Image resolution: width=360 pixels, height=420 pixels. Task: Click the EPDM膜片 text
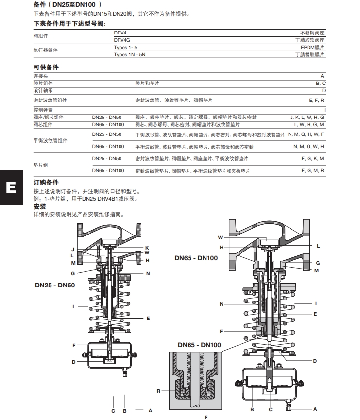click(x=313, y=48)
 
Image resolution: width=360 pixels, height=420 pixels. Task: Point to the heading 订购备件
click(x=46, y=182)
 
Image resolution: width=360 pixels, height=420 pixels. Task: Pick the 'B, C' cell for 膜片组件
click(x=320, y=84)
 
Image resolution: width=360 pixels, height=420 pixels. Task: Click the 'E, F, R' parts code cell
click(x=316, y=100)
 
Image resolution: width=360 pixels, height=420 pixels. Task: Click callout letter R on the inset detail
click(x=158, y=391)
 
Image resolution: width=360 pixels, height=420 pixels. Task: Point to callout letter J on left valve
click(x=72, y=249)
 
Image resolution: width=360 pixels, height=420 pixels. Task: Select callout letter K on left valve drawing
click(x=146, y=248)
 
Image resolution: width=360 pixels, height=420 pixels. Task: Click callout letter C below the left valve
click(x=113, y=411)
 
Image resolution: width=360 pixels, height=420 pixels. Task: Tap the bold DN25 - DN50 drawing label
click(x=55, y=285)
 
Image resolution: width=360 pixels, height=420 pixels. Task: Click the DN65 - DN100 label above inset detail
click(x=199, y=345)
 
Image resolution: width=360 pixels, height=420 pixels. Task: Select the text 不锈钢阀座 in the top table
click(x=313, y=32)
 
